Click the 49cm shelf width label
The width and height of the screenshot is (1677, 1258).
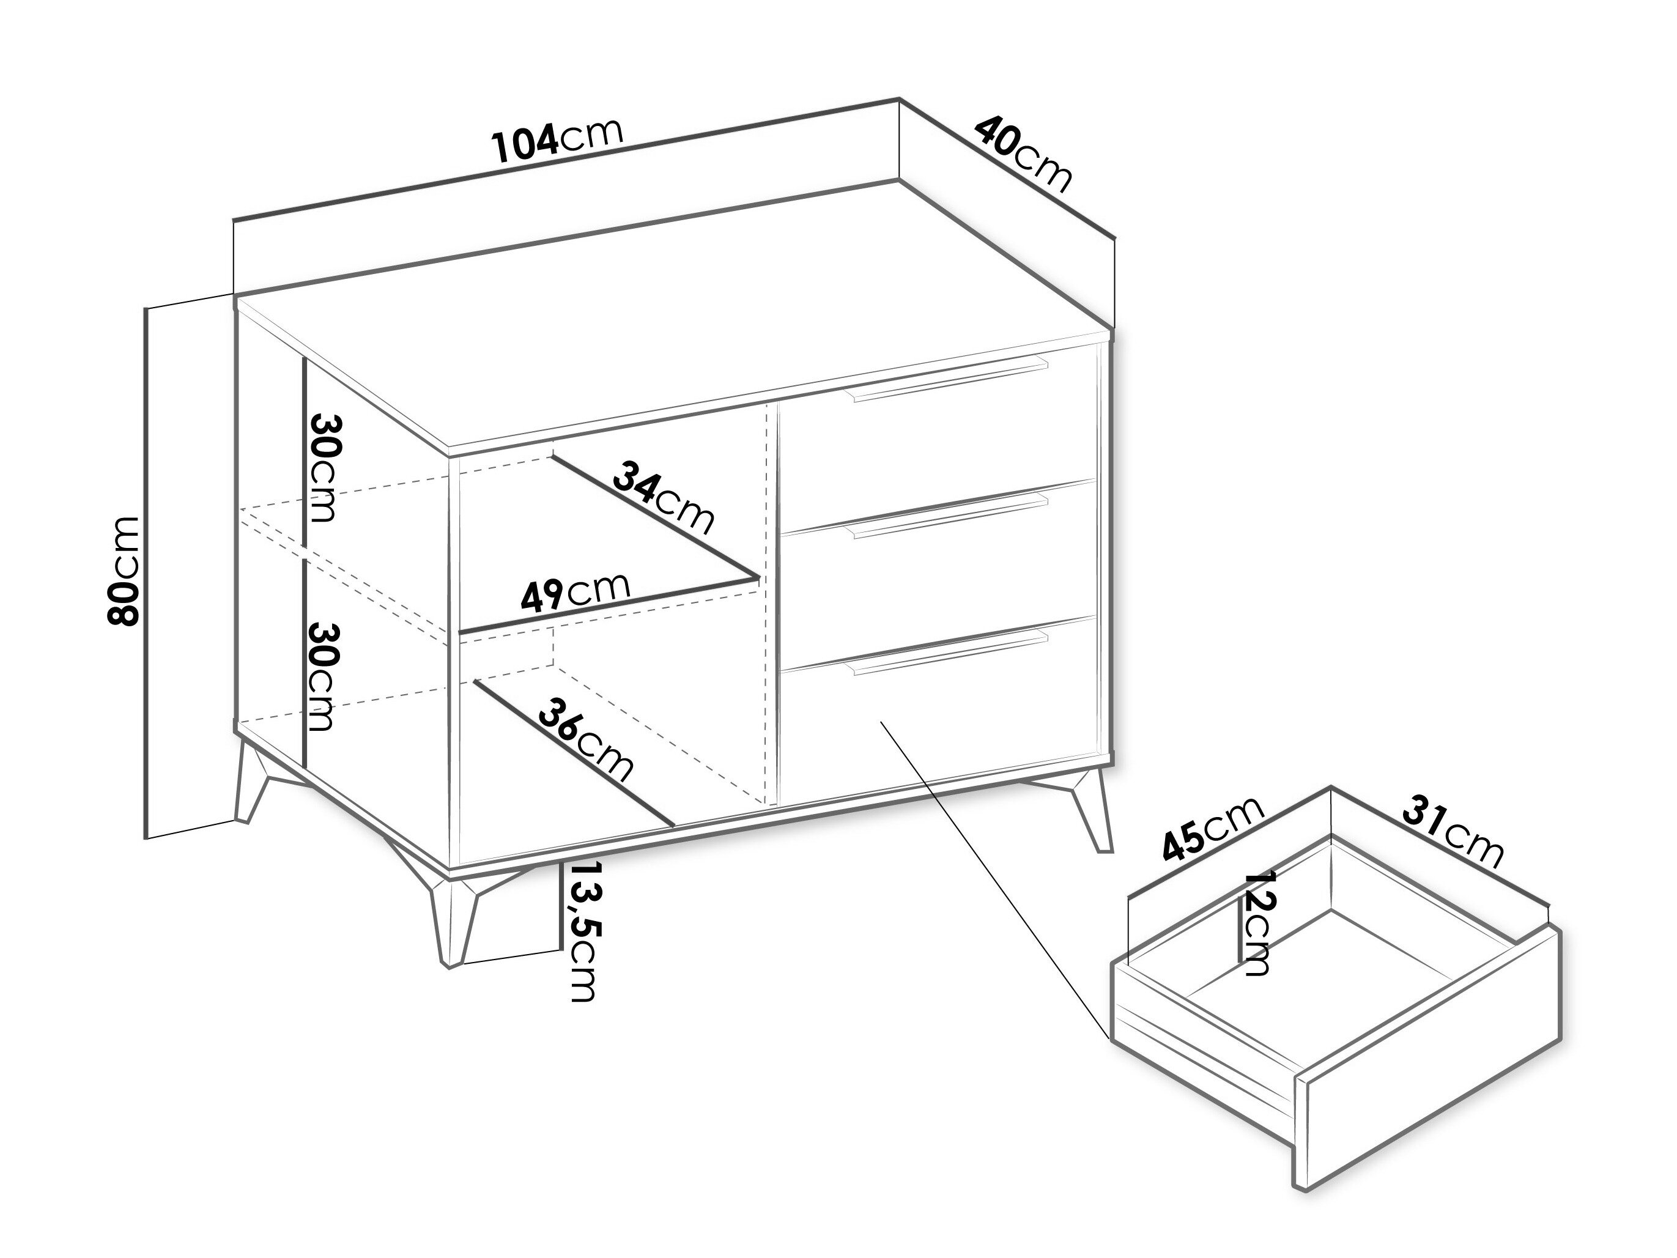coord(576,591)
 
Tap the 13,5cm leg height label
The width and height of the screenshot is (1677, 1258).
coord(582,932)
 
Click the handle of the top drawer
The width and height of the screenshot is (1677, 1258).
coord(949,380)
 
